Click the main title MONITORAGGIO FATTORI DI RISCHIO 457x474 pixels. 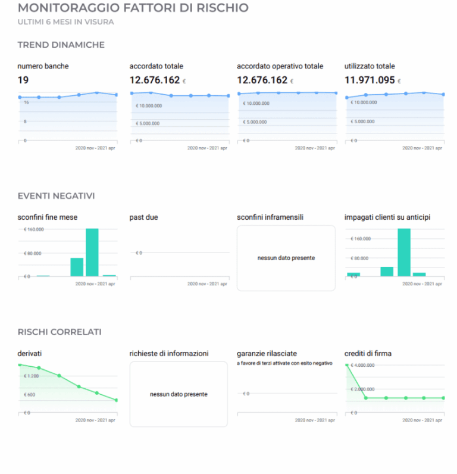coord(133,8)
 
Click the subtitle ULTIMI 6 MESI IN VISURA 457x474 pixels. coord(65,22)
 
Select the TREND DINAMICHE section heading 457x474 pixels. coord(61,45)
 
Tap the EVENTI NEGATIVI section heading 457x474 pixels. coord(57,195)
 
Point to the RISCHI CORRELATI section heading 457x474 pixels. coord(60,332)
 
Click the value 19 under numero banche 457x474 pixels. coord(23,80)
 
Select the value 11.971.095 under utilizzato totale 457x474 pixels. coord(370,80)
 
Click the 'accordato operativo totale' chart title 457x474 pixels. coord(280,66)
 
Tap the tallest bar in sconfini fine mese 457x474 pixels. coord(92,252)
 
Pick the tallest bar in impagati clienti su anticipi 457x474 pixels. coord(404,252)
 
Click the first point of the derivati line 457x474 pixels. coord(20,364)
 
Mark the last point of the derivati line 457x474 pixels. coord(117,400)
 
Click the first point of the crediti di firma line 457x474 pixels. coord(346,364)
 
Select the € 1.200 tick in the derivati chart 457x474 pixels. coord(31,376)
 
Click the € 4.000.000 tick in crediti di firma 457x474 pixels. coord(362,365)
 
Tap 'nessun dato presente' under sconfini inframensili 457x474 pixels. coord(286,258)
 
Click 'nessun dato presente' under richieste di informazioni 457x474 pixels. coord(179,394)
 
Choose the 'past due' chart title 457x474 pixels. coord(143,217)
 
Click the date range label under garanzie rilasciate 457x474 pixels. coord(315,420)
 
